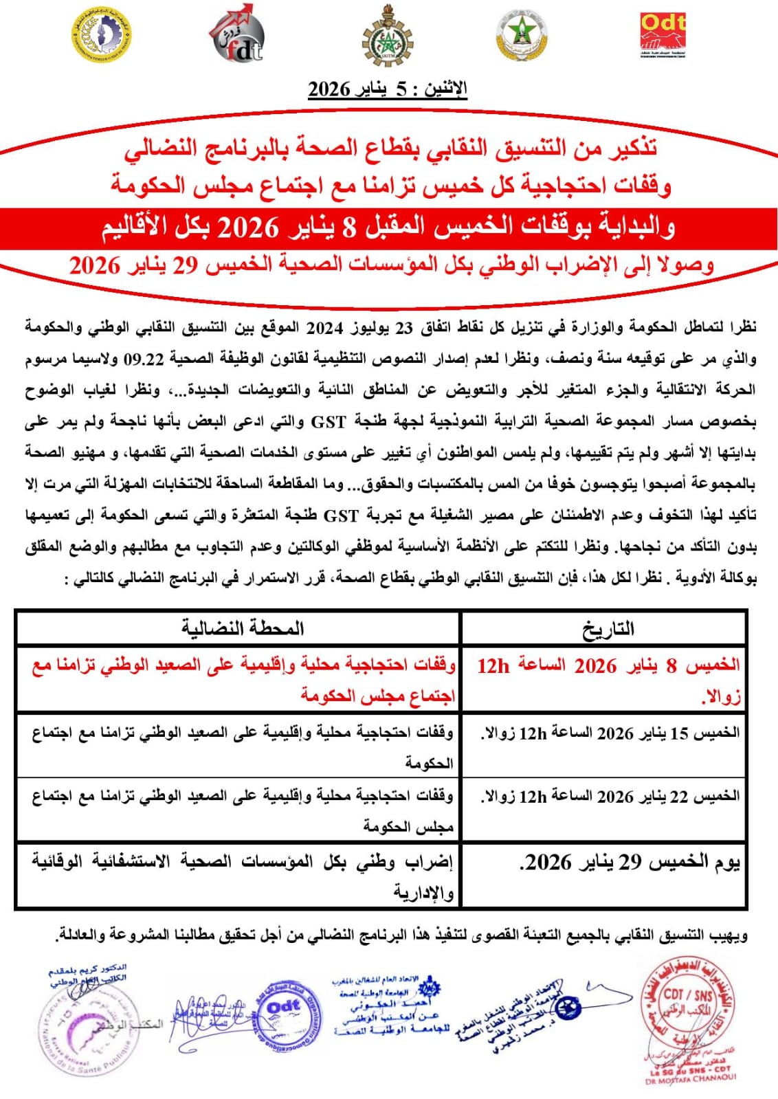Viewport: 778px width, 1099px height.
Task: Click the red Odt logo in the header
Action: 663,34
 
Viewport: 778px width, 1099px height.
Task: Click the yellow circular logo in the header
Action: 102,34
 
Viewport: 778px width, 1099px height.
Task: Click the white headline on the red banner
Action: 389,227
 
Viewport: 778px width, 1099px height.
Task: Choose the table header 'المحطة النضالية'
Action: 242,628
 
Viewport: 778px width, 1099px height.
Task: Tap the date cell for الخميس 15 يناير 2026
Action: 610,733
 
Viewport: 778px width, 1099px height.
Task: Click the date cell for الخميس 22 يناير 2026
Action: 610,797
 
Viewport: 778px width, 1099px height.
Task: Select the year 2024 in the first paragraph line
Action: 324,328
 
